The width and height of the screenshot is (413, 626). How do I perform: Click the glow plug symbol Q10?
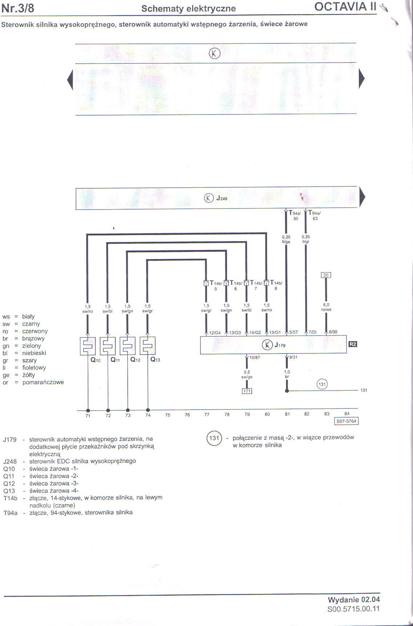coord(88,346)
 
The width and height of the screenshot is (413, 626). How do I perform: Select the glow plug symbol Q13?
coord(148,346)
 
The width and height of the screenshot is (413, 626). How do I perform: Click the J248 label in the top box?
coord(222,198)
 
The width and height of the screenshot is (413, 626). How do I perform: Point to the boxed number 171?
coord(247,391)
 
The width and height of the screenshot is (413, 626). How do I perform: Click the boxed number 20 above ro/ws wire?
coord(326,275)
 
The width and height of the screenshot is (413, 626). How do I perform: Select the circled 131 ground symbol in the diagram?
coord(322,384)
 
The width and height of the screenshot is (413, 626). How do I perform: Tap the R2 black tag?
coord(353,344)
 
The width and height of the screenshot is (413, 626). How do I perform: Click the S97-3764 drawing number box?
coord(346,421)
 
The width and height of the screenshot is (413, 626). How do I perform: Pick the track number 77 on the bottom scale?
coord(207,415)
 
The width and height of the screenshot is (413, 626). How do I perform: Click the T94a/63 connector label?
coord(314,215)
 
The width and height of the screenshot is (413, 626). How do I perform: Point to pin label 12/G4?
coord(215,333)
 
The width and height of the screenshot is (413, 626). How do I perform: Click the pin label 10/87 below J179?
coord(255,357)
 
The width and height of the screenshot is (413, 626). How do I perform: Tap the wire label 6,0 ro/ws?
coord(326,307)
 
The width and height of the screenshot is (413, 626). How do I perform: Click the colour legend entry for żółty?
coord(28,375)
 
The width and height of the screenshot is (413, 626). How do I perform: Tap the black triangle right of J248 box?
coord(362,197)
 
